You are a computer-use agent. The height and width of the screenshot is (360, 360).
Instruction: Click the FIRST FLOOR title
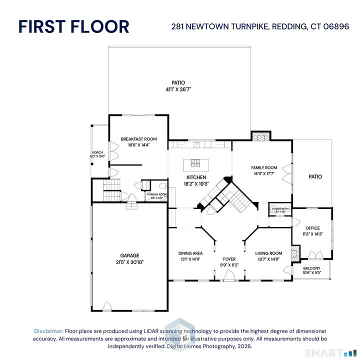tap(73, 26)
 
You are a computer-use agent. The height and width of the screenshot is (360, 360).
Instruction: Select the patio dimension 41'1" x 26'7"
tap(178, 89)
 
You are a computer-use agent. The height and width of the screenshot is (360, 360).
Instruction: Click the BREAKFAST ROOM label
tap(138, 139)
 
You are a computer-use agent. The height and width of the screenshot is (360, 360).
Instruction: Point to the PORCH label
tap(97, 152)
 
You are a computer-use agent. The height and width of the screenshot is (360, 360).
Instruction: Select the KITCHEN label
tap(196, 177)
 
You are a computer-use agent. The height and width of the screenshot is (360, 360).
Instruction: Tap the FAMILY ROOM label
tap(264, 167)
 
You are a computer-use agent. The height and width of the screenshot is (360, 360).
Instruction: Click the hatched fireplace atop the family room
tap(260, 136)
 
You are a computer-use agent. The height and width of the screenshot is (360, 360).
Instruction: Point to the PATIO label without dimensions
tap(315, 176)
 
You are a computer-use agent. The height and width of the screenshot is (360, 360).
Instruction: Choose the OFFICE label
tap(312, 228)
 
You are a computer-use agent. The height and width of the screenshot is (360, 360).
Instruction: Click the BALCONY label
tap(311, 268)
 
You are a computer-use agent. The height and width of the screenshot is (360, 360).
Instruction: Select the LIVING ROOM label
tap(268, 253)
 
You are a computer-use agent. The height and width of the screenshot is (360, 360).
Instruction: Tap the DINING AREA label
tap(190, 253)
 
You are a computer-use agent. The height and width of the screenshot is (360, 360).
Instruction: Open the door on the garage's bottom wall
tap(107, 306)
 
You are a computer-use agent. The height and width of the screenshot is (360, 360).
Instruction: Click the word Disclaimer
tap(48, 331)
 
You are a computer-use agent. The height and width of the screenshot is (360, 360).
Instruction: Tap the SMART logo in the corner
tap(325, 352)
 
